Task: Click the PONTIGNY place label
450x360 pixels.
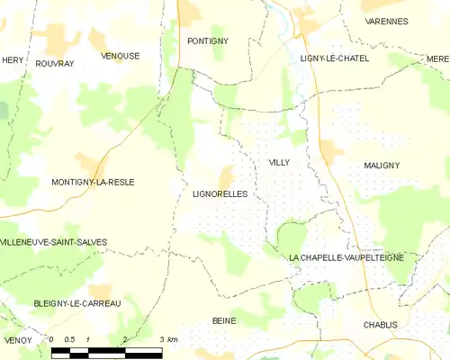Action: coord(207,41)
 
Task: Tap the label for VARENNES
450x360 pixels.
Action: coord(385,21)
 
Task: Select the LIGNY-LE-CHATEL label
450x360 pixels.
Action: coord(334,58)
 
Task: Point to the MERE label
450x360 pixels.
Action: coord(437,58)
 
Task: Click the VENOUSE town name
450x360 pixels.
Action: coord(120,56)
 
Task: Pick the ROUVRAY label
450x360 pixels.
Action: coord(55,63)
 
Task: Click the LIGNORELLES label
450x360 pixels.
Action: coord(220,193)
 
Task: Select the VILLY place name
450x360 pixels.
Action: coord(278,163)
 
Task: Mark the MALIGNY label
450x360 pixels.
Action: coord(382,166)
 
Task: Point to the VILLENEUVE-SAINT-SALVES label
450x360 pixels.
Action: coord(54,243)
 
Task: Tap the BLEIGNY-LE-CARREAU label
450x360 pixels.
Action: coord(76,303)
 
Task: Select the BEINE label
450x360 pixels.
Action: coord(223,321)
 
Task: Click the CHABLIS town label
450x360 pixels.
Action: coord(381,325)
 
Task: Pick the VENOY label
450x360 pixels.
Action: coord(17,340)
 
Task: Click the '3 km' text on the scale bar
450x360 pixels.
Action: coord(167,339)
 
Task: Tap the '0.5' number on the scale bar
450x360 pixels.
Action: coord(69,339)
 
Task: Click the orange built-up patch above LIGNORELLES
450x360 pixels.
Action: coord(226,176)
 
